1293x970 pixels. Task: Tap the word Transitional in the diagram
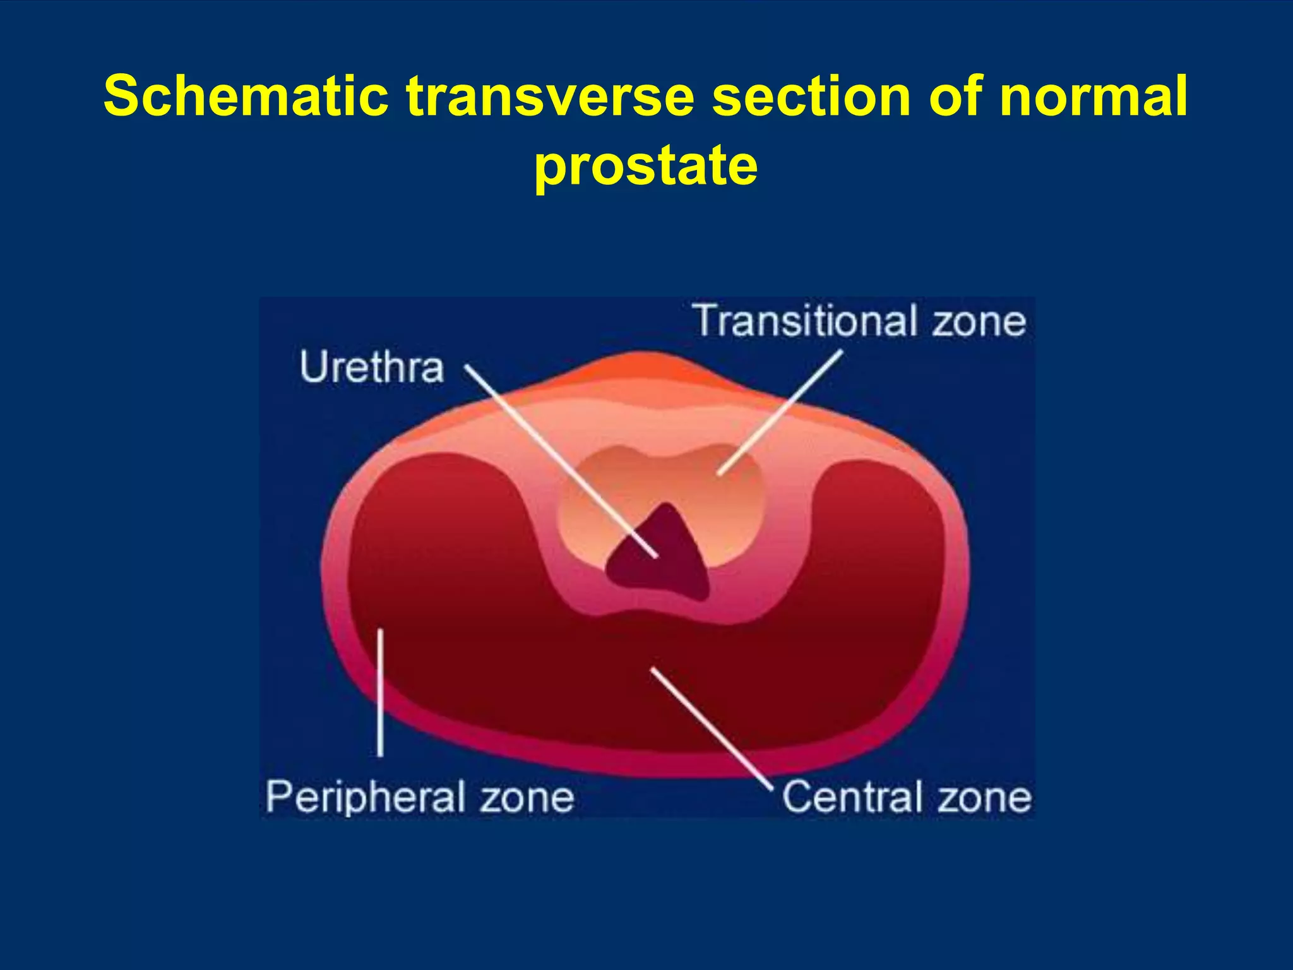(x=805, y=321)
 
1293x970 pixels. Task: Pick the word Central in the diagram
(x=850, y=796)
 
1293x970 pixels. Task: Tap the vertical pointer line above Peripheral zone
(x=380, y=692)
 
